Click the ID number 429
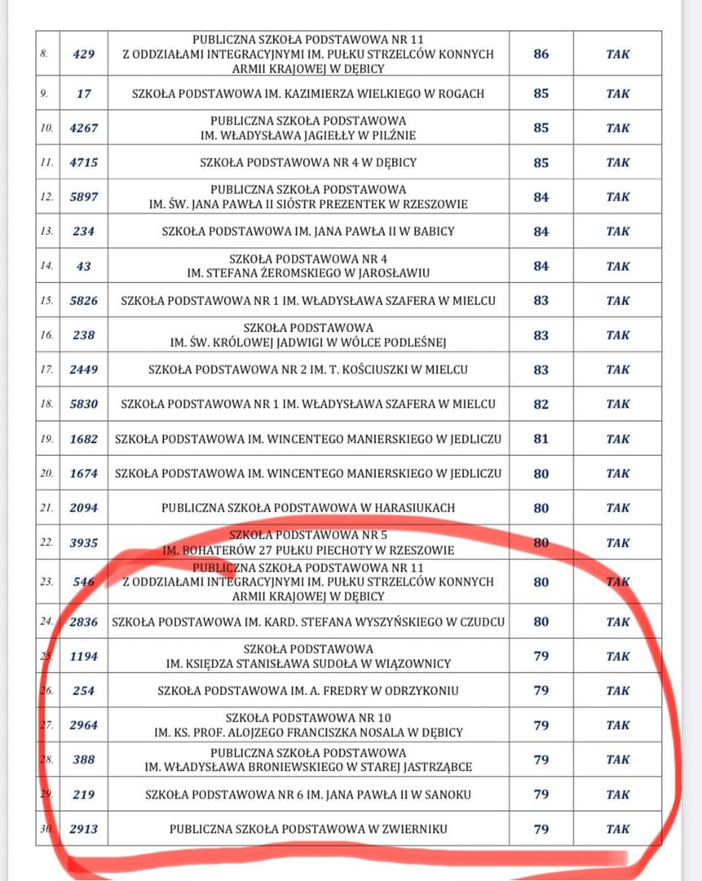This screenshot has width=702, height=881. (x=84, y=55)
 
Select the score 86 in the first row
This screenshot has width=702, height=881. (x=541, y=55)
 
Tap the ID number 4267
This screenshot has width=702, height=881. (x=84, y=128)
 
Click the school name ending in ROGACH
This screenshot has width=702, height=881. (x=308, y=94)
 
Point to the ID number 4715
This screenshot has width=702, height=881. (x=84, y=162)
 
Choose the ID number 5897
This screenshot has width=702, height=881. (x=84, y=197)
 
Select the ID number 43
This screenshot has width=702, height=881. (x=84, y=266)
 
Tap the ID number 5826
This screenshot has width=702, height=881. (x=84, y=301)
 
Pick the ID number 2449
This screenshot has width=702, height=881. (x=84, y=370)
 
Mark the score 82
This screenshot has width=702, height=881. (x=541, y=405)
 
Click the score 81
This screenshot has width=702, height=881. (x=541, y=439)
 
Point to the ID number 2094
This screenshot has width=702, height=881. (x=84, y=507)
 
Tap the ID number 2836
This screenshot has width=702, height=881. (x=84, y=622)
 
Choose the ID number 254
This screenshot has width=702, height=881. (x=84, y=691)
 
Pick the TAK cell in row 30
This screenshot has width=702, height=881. (x=618, y=829)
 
